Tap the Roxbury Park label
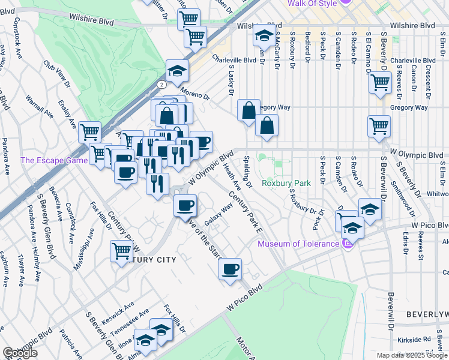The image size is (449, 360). click(x=286, y=183)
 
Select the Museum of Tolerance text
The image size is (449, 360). click(x=298, y=244)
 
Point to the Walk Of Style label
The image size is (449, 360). click(x=312, y=4)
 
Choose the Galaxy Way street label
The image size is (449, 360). click(x=219, y=214)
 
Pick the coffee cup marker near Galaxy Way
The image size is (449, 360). click(x=185, y=206)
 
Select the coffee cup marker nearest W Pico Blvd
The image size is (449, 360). click(x=231, y=269)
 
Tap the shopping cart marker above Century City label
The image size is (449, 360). click(x=121, y=251)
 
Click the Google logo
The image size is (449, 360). click(x=20, y=353)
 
